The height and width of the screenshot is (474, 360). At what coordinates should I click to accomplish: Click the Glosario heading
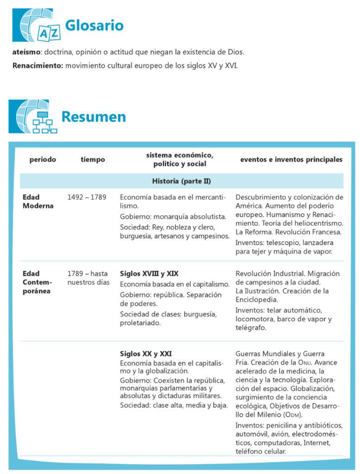pos(94,25)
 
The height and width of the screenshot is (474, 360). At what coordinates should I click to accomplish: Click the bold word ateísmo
pos(27,52)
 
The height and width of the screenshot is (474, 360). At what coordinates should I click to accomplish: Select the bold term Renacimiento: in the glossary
pos(38,65)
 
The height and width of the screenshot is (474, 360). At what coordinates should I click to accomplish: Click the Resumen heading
pos(93,117)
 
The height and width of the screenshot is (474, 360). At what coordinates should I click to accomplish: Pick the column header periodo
pos(43,159)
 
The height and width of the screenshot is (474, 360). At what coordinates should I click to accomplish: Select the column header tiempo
pos(93,159)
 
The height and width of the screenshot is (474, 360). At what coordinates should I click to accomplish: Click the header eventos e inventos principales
pos(291,159)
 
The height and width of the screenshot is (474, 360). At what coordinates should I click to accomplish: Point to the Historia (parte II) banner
pos(181,181)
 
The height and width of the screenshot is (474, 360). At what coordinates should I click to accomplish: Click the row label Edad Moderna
pos(38,201)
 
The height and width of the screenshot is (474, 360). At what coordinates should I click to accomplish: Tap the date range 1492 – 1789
pos(87,197)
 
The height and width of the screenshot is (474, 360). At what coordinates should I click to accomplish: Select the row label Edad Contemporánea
pos(37,282)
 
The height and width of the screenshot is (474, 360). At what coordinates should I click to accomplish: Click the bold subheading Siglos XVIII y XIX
pos(149,274)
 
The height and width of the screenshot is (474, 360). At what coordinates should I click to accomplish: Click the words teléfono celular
pos(261,451)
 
